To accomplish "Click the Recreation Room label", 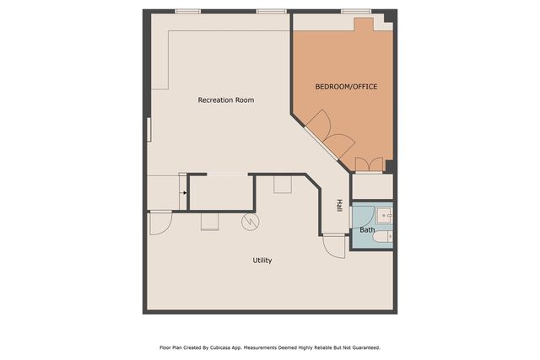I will point(225,100).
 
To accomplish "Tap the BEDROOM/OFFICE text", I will point(346,87).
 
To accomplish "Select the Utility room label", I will point(262,261).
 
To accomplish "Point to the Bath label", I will point(367,229).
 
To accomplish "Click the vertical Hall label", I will point(339,205).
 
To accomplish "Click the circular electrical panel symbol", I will point(251,222).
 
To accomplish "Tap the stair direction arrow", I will point(184,192).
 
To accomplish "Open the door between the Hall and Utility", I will point(334,244).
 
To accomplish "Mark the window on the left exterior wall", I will point(148,130).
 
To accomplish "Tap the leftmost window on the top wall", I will point(187,11).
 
